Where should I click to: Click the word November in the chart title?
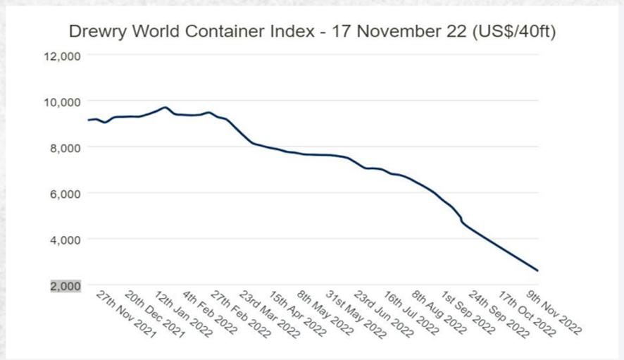click(389, 32)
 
